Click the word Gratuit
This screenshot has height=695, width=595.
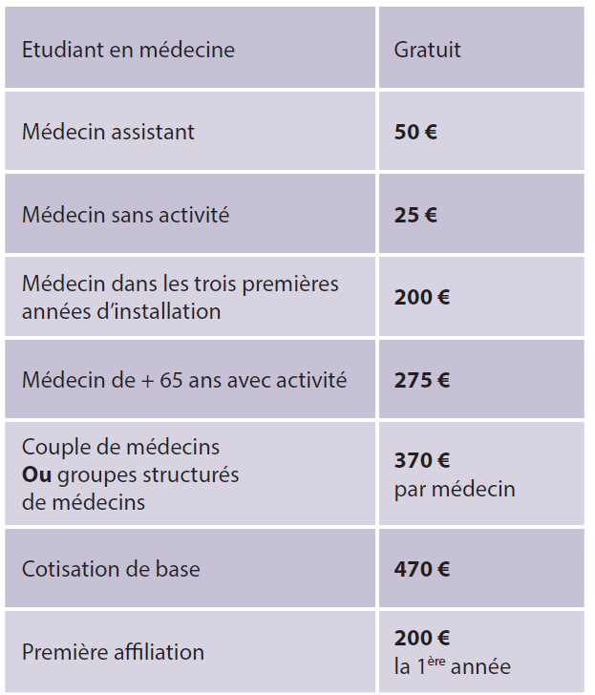pyautogui.click(x=427, y=49)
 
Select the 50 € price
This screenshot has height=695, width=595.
pyautogui.click(x=415, y=132)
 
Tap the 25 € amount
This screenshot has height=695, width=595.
pyautogui.click(x=415, y=215)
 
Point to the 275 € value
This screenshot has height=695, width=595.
pyautogui.click(x=421, y=380)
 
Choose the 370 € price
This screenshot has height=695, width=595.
pyautogui.click(x=421, y=461)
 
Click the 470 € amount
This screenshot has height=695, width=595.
pyautogui.click(x=421, y=569)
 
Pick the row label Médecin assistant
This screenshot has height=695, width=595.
pyautogui.click(x=108, y=132)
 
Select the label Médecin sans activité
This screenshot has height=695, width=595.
pyautogui.click(x=125, y=215)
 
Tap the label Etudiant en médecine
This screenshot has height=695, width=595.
pyautogui.click(x=128, y=49)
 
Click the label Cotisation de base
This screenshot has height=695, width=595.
pyautogui.click(x=111, y=569)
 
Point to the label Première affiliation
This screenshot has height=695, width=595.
pyautogui.click(x=113, y=653)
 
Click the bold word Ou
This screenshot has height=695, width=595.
pyautogui.click(x=35, y=474)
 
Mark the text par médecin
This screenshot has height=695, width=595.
pyautogui.click(x=455, y=489)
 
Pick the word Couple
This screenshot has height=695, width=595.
pyautogui.click(x=53, y=447)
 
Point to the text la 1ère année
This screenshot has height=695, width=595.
pyautogui.click(x=453, y=666)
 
